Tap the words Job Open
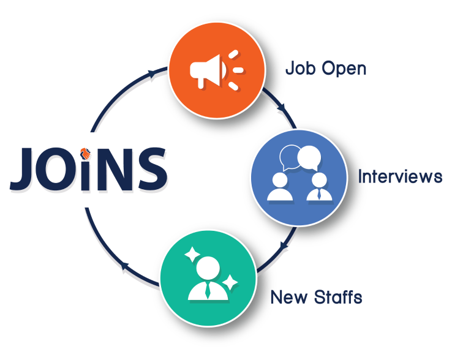coord(326,68)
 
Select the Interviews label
coord(400,177)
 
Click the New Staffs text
coord(316,298)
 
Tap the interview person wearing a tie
coord(319,187)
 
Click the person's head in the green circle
coord(207,266)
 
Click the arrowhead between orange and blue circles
coord(282,108)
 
